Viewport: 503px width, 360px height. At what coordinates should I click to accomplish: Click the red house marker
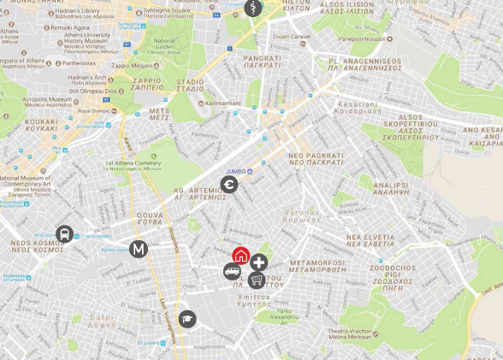click(241, 255)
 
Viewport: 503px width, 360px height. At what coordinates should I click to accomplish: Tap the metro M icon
click(139, 250)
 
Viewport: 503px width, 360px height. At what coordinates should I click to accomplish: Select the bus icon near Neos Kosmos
click(64, 233)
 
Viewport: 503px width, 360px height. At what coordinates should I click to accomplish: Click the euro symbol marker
click(228, 186)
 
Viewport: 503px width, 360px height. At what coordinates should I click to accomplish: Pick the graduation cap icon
click(187, 319)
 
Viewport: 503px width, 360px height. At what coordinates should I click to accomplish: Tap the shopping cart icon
click(256, 280)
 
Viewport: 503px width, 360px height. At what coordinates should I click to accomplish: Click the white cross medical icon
click(258, 263)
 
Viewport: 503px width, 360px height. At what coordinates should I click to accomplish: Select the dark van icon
click(231, 271)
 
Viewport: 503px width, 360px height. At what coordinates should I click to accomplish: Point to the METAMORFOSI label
click(316, 264)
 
